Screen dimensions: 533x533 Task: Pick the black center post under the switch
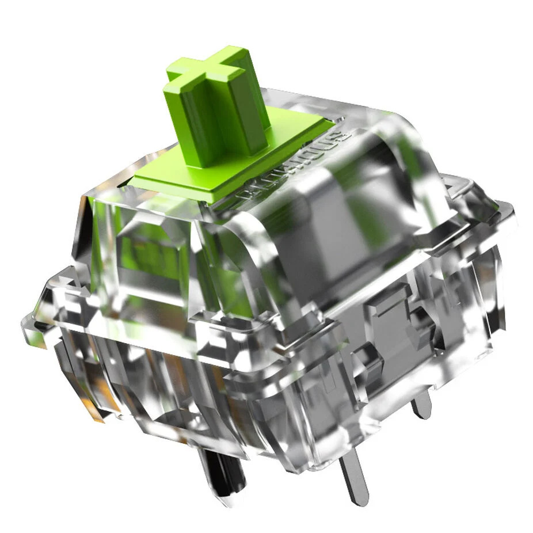[x=222, y=472]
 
